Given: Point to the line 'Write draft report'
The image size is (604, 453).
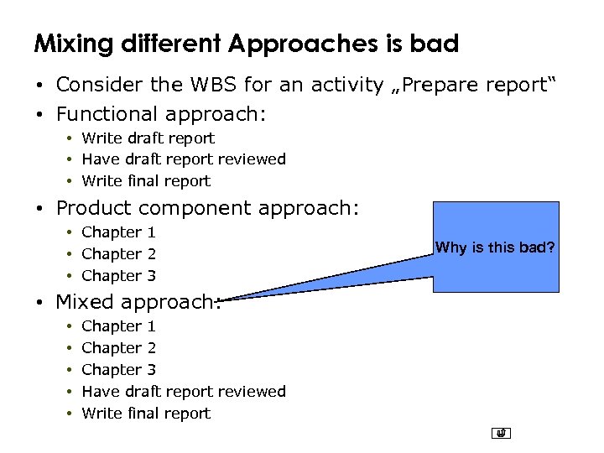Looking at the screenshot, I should (x=148, y=138).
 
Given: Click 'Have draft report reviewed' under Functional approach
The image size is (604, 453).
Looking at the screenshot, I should (x=183, y=159).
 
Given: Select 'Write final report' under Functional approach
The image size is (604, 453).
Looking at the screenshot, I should (x=146, y=180).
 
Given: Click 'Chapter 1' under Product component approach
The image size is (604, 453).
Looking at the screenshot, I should (x=118, y=232).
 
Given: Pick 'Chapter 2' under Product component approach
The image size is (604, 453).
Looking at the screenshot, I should (x=118, y=253).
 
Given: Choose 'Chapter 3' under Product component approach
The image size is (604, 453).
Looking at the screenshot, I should (x=118, y=275).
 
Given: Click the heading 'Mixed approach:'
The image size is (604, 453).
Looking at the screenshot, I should (x=138, y=302).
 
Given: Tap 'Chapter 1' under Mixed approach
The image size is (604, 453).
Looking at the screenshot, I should (x=118, y=325).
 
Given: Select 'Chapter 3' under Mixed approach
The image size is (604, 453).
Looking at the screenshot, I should (x=118, y=369).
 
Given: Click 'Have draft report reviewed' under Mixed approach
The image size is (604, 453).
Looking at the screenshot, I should (x=183, y=391).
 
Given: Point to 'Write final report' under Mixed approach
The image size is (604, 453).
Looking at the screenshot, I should (x=146, y=413).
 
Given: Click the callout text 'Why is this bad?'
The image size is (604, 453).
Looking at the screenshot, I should (x=495, y=247).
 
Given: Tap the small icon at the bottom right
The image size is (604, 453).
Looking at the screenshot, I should (x=502, y=434).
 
